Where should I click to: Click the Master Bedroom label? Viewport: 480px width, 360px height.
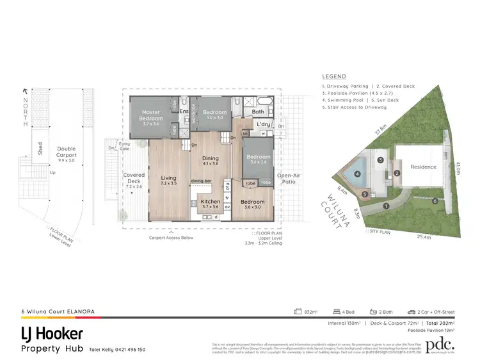[x=151, y=115]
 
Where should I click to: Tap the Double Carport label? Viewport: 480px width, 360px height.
[x=67, y=152]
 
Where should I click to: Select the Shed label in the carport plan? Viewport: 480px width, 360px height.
[x=40, y=149]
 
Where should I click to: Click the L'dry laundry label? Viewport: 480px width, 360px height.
[x=262, y=124]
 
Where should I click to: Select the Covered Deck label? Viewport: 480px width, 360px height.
[x=134, y=177]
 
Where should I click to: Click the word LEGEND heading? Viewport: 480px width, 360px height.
[x=333, y=76]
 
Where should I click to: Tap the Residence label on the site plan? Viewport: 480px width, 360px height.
[x=423, y=167]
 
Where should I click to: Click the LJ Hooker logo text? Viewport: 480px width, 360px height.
[x=52, y=334]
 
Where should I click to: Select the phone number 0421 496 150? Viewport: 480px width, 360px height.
[x=127, y=349]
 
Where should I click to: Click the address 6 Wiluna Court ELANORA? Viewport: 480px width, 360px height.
[x=58, y=311]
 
